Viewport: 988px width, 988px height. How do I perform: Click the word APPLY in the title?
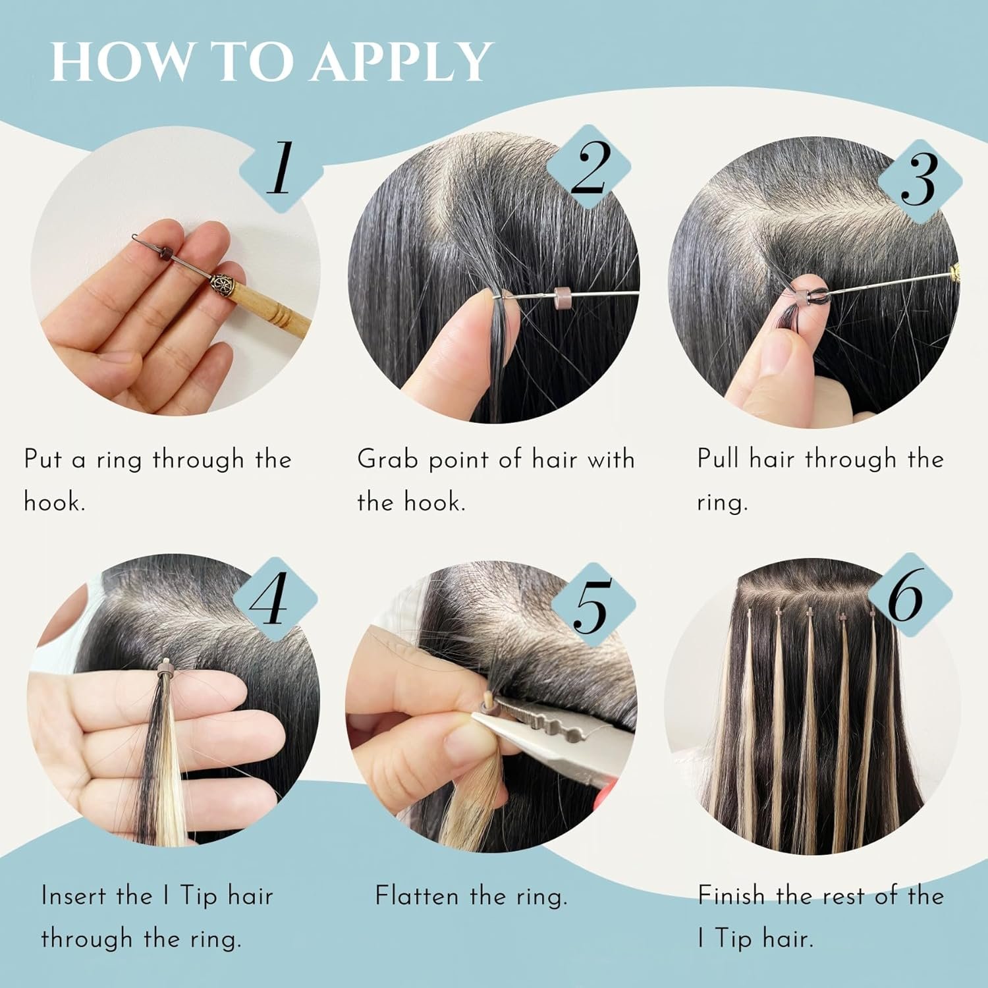[402, 62]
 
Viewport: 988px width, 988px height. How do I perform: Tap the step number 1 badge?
[281, 169]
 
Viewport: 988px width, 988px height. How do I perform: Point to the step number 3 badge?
[920, 180]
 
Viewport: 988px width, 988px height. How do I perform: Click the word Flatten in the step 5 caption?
[417, 896]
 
